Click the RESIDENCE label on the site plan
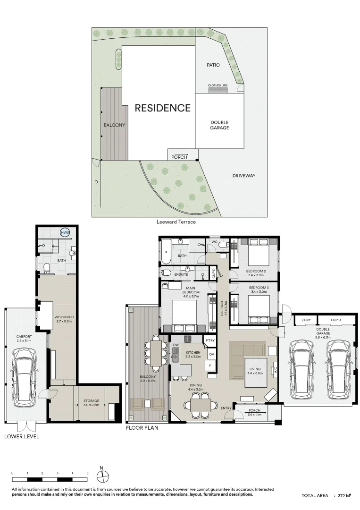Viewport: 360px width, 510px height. point(162,108)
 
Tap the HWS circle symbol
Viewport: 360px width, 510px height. point(65,232)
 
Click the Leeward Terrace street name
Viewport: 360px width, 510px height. point(176,221)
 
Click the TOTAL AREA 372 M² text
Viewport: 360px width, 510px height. point(326,496)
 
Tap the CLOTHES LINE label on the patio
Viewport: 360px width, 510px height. point(218,85)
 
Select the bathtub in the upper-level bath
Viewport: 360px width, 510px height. point(166,252)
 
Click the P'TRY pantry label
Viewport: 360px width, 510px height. point(209,340)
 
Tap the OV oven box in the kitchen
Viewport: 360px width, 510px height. point(211,354)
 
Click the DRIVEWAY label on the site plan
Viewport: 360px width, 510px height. point(243,176)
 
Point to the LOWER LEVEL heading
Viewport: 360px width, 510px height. point(22,436)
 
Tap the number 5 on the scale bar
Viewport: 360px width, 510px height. point(87,473)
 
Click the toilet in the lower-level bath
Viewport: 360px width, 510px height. point(47,268)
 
